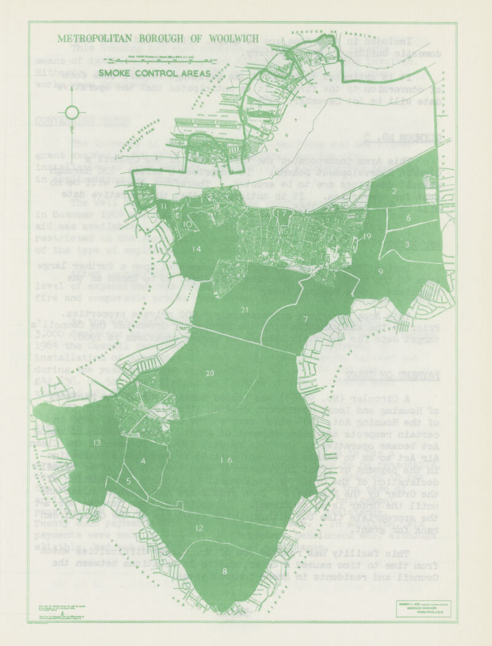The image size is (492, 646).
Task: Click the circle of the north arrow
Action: [x=72, y=112]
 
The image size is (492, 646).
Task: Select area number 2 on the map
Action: [x=394, y=191]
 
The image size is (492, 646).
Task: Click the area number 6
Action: [x=408, y=217]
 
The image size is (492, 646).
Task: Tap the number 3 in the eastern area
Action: [x=407, y=244]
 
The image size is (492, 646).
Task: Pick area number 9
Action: [x=381, y=271]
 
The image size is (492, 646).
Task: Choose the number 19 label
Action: [x=367, y=236]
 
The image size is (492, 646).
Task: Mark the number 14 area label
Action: [x=196, y=249]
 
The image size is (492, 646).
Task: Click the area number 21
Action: [x=244, y=309]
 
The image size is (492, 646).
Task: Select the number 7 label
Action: [x=305, y=320]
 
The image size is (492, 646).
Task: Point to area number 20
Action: [x=209, y=373]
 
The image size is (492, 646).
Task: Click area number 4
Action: [x=143, y=461]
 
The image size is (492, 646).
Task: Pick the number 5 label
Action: [x=128, y=481]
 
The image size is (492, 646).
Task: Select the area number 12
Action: [x=199, y=528]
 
